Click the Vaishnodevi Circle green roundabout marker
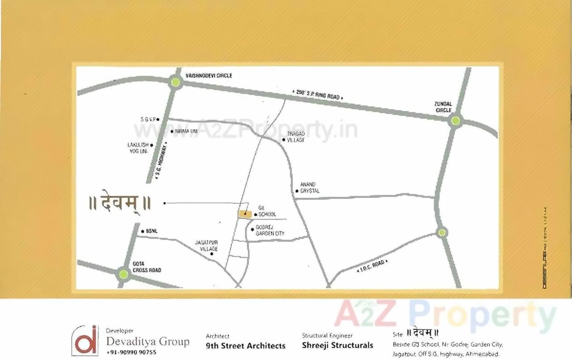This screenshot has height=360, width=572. coord(176,82)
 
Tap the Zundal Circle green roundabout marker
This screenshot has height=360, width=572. coord(455,120)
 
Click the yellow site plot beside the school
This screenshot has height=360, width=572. coord(244,214)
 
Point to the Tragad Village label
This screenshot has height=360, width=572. coord(296,137)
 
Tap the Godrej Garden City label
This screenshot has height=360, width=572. coord(270,230)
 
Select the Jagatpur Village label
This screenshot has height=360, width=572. coord(206,246)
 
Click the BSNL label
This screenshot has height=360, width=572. coord(151,231)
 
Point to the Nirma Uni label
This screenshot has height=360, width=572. coord(186,131)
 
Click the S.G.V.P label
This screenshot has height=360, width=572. coord(147,119)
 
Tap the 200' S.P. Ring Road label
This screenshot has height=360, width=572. coord(318,94)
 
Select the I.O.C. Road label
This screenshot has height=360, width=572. coord(372,267)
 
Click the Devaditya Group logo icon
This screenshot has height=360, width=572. coord(85,340)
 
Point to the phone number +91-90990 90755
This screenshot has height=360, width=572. coord(131,352)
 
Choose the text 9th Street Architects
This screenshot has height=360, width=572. coord(245,346)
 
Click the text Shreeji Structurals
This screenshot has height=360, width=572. coord(337,345)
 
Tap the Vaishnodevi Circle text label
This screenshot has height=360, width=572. coord(209,75)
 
